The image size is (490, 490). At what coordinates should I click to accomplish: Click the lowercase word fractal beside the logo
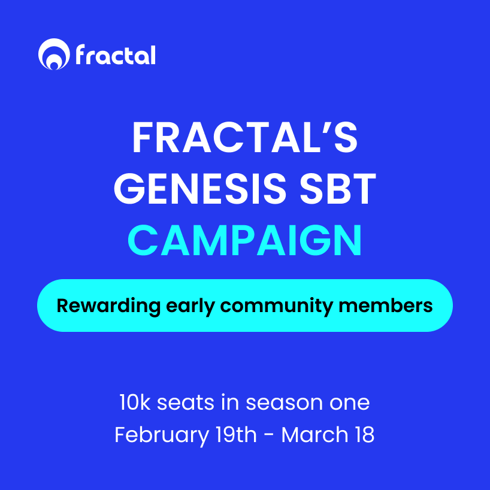[116, 55]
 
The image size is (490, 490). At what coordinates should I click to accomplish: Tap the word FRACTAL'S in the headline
[245, 137]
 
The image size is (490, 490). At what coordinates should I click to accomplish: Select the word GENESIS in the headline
[200, 189]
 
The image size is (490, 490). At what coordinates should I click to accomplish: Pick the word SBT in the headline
[338, 189]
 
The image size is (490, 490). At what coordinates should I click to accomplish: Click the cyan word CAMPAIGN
[245, 240]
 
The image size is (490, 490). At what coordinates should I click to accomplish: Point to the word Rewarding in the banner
[108, 306]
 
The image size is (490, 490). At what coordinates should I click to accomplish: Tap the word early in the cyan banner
[190, 306]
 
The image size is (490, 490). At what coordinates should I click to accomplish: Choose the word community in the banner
[277, 306]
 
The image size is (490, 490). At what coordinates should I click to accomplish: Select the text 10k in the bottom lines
[135, 402]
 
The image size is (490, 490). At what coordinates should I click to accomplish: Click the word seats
[186, 403]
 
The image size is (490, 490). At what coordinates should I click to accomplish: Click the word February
[162, 435]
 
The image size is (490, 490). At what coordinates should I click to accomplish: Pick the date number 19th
[236, 434]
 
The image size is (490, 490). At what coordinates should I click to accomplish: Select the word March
[314, 434]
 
